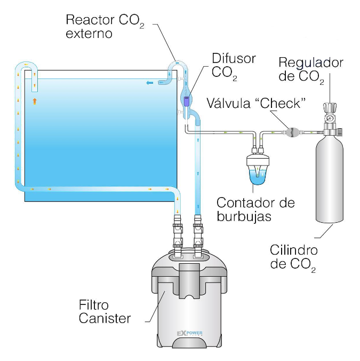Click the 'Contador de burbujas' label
point(256,210)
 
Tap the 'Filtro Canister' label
point(105,312)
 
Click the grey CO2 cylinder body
point(330,182)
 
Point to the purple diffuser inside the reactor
point(187,99)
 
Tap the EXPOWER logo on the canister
point(190,334)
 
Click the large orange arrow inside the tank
point(35,100)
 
